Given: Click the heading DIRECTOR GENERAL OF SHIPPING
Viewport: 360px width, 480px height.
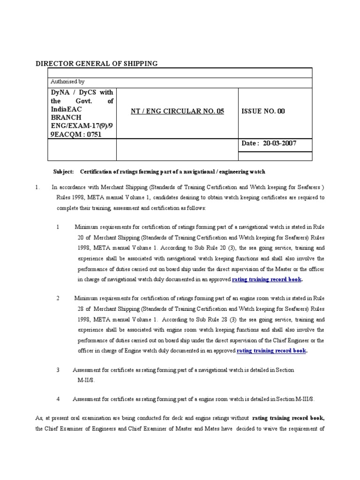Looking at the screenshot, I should click(x=97, y=63).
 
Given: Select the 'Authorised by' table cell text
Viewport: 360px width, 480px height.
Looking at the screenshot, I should click(x=67, y=82).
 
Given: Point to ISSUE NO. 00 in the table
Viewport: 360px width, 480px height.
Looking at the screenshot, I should click(x=263, y=111).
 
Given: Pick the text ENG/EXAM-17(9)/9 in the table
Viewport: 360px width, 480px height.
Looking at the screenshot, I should click(x=82, y=126).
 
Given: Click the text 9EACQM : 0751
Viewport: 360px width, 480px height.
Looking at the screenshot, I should click(x=76, y=134).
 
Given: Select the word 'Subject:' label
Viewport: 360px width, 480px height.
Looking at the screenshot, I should click(x=62, y=172).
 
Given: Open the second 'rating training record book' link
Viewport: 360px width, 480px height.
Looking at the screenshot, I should click(x=272, y=350).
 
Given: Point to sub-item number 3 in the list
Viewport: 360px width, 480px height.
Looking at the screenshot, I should click(x=58, y=370).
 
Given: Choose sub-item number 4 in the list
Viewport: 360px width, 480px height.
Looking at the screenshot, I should click(x=58, y=399).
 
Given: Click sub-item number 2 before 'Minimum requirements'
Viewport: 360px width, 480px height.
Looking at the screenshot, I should click(x=58, y=298).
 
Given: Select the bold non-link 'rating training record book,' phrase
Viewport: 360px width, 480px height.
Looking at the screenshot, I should click(x=288, y=418).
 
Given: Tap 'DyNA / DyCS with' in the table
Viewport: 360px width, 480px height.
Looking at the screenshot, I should click(x=82, y=92).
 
